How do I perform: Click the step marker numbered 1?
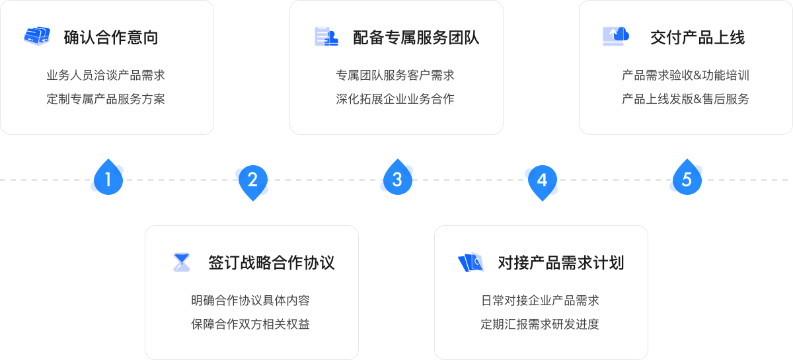click(107, 179)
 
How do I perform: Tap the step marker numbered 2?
click(252, 179)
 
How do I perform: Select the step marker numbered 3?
click(397, 179)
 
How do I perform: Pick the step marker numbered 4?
click(541, 179)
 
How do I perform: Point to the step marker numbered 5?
click(686, 179)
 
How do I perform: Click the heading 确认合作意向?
click(111, 38)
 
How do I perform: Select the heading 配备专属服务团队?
click(416, 38)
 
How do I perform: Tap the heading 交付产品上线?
click(698, 38)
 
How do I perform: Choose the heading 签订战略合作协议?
click(272, 263)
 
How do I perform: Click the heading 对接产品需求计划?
click(561, 263)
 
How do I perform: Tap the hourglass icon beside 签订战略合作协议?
click(181, 262)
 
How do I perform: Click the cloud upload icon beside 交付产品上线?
click(616, 36)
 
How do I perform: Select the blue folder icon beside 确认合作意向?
click(37, 36)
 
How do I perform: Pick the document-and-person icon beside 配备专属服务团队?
click(326, 36)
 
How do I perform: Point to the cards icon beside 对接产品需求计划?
click(471, 263)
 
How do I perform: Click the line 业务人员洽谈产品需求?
click(106, 75)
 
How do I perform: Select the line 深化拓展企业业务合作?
click(395, 99)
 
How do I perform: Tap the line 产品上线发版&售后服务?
click(685, 99)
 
